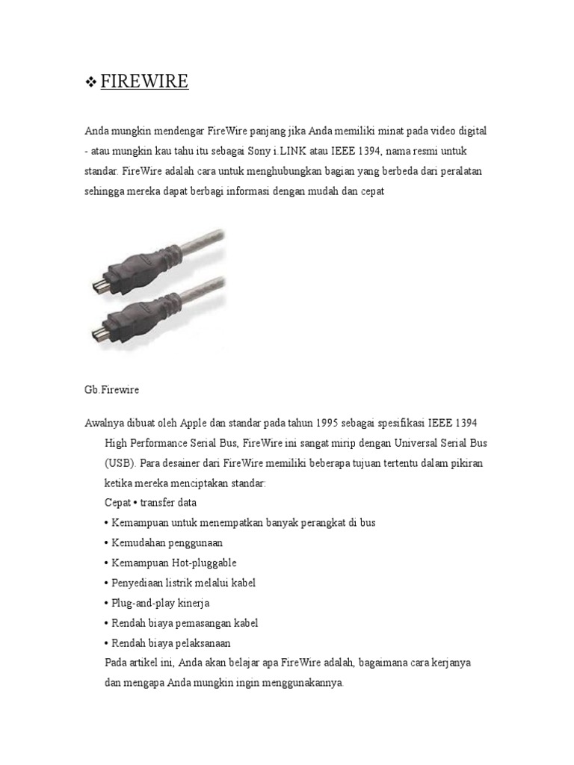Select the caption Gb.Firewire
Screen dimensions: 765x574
[112, 390]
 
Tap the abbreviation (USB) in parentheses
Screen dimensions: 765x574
[120, 463]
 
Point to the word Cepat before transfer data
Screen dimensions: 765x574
[118, 503]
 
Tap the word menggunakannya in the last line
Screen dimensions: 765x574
[299, 683]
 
